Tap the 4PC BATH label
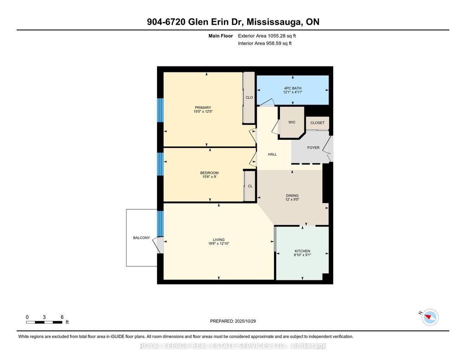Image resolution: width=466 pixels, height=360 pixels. click(292, 88)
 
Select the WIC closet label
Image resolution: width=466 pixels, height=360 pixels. click(292, 122)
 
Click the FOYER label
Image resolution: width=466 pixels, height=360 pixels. click(313, 147)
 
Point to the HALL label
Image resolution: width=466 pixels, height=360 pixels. click(272, 154)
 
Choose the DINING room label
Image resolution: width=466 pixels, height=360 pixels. click(292, 196)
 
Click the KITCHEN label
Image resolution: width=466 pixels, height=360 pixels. click(302, 251)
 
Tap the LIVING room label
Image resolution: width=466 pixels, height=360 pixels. click(219, 240)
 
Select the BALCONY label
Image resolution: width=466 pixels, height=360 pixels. click(141, 238)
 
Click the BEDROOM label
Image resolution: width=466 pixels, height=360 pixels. click(209, 172)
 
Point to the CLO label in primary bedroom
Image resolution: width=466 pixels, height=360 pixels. click(249, 97)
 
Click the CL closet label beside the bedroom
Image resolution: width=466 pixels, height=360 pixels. click(250, 186)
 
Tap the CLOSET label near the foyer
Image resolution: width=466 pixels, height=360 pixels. click(318, 123)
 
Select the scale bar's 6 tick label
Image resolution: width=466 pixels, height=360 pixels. click(61, 317)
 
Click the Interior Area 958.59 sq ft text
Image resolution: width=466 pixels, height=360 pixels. click(265, 43)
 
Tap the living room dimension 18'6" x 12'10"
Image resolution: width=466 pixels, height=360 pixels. click(219, 244)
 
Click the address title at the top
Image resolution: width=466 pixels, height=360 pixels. click(233, 22)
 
